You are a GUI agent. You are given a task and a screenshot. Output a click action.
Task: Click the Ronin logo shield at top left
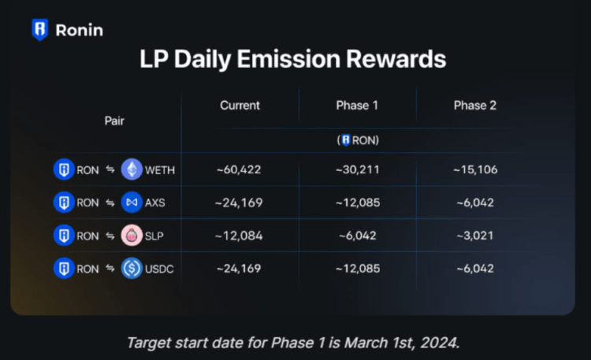(39, 30)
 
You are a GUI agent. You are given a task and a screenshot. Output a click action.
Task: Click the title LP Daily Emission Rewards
(292, 60)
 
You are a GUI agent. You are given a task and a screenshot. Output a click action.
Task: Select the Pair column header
(114, 121)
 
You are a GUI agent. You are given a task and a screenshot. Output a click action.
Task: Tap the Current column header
(240, 105)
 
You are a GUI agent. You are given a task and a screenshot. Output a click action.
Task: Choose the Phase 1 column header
(357, 105)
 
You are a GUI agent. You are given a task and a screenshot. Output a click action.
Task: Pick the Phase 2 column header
(474, 105)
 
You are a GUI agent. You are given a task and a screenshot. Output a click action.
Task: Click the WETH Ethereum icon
(132, 169)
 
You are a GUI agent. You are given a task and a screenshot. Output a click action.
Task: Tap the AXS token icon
(132, 202)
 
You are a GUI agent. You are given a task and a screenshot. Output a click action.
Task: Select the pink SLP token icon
(132, 236)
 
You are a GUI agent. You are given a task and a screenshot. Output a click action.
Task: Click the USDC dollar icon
(132, 269)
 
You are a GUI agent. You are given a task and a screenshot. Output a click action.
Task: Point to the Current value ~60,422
(240, 169)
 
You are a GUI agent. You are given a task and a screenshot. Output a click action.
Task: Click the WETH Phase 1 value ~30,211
(357, 169)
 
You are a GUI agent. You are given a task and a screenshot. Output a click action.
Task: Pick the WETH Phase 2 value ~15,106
(474, 169)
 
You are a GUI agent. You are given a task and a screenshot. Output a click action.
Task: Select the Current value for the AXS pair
(240, 202)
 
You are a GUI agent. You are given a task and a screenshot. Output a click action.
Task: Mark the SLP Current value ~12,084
(240, 236)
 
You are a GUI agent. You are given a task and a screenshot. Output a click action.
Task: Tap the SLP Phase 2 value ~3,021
(474, 236)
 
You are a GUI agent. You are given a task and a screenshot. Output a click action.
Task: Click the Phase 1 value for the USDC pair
(357, 269)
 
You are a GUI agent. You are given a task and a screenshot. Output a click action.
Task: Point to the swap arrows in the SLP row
(110, 236)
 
